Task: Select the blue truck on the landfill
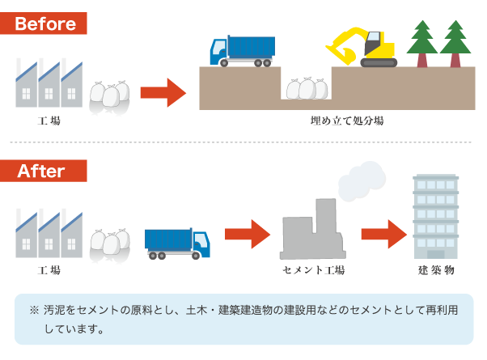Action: coord(242,50)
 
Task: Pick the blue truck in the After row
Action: coord(177,241)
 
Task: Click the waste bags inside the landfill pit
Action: coord(307,87)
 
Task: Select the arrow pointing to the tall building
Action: coord(383,235)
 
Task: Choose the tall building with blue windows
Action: coord(435,216)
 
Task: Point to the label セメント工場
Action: coord(313,269)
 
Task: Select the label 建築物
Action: coord(436,269)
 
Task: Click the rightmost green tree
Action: coord(455,44)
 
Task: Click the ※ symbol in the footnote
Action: coord(34,310)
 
